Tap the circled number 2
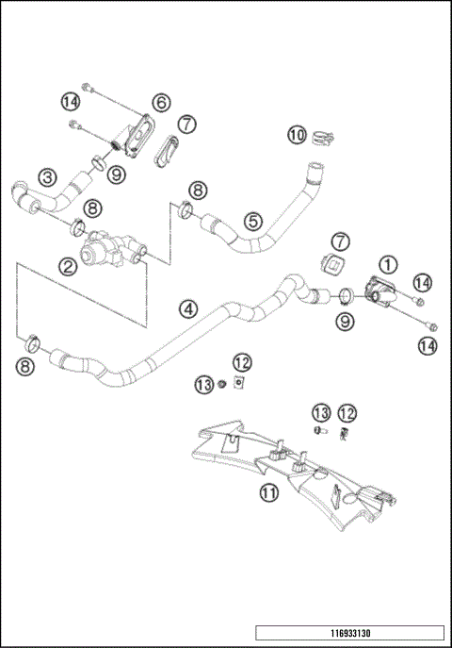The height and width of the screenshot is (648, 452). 68,267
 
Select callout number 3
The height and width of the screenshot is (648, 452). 45,175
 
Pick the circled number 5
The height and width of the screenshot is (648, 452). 251,221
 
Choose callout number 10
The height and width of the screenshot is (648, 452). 297,136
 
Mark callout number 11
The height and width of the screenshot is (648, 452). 270,491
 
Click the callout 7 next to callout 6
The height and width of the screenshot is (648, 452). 186,124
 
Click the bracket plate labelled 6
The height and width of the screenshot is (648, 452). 139,133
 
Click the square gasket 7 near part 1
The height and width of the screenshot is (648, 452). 333,264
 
